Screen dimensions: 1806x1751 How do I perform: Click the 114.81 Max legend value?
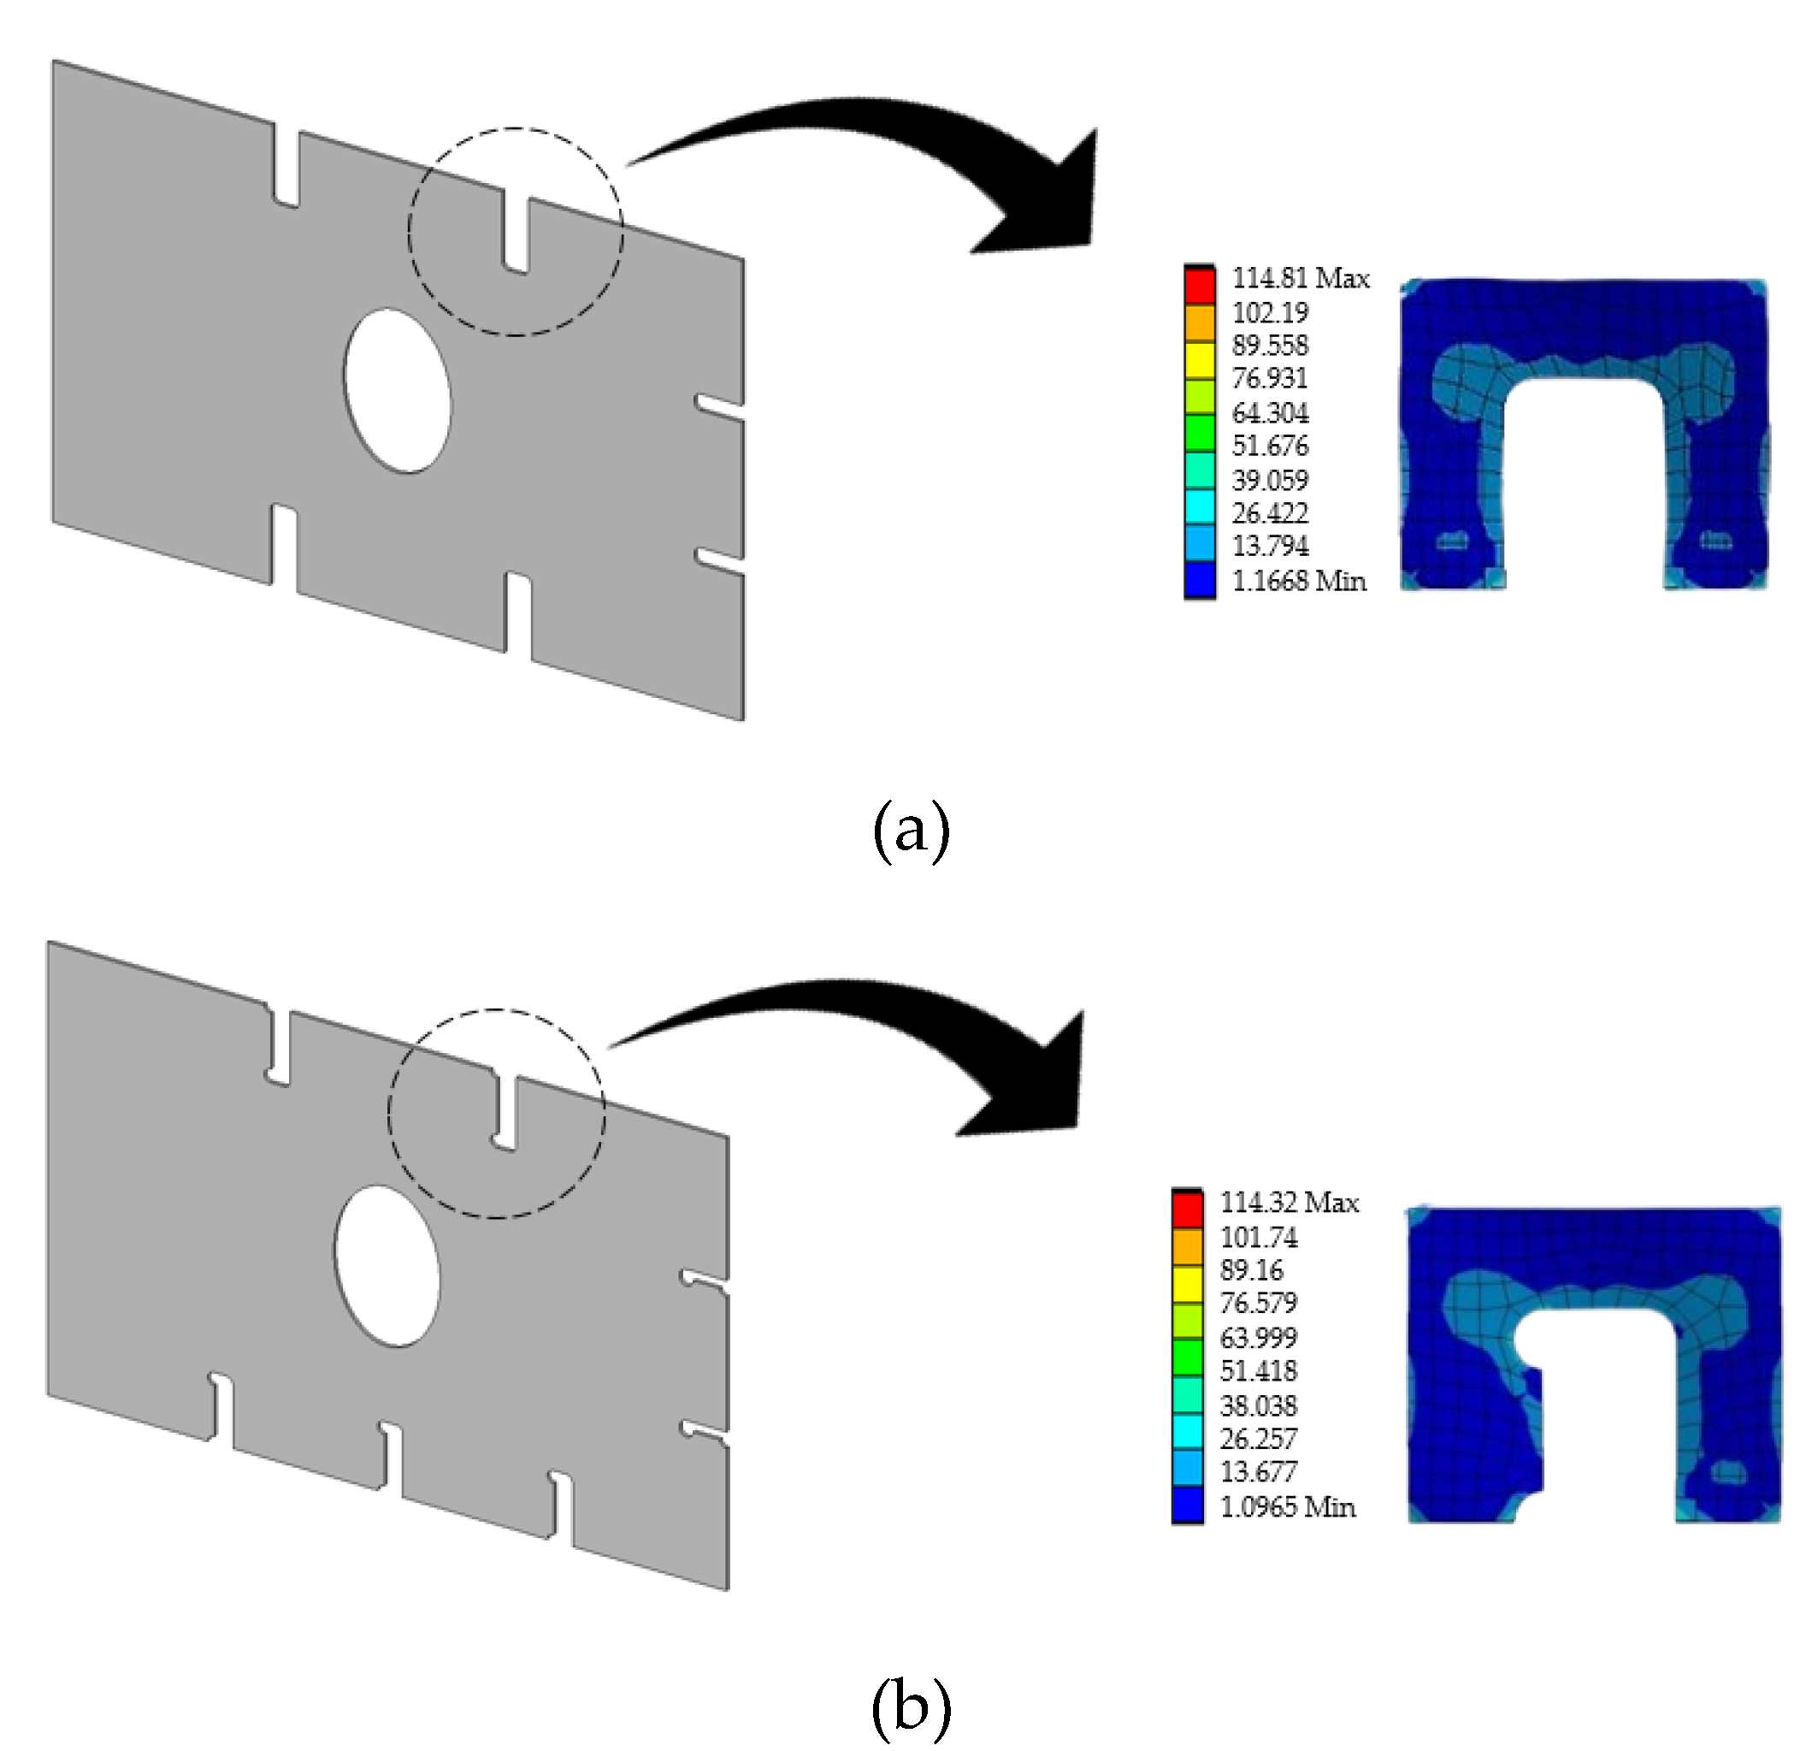point(1300,278)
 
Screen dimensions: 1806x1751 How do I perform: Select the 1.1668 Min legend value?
point(1298,581)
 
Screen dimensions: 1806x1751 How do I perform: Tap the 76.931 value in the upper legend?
point(1270,379)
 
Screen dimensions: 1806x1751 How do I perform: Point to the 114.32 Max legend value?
point(1289,1203)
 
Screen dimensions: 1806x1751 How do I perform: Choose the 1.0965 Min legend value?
point(1287,1506)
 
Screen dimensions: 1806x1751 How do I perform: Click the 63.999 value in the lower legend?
point(1259,1337)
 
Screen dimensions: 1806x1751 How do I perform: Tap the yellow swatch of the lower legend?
point(1188,1282)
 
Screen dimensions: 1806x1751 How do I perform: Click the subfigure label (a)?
point(911,831)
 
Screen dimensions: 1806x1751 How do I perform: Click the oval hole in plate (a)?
point(398,391)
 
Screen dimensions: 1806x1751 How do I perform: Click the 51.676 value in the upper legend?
point(1270,446)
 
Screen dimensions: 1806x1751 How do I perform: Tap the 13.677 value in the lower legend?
point(1259,1472)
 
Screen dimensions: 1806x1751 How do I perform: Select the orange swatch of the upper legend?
point(1200,322)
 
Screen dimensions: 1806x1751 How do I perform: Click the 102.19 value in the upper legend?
point(1270,312)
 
